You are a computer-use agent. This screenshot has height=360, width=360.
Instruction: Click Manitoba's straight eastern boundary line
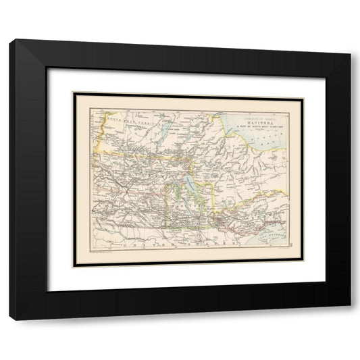pyautogui.click(x=215, y=196)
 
